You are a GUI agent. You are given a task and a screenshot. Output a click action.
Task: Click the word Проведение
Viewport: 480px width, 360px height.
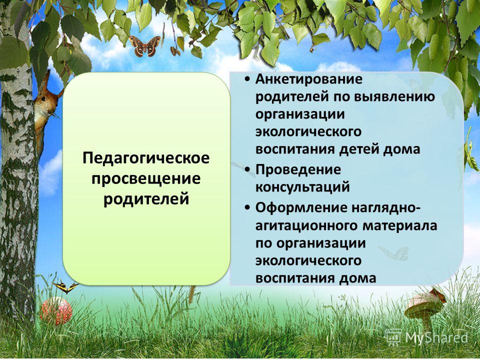click(298, 169)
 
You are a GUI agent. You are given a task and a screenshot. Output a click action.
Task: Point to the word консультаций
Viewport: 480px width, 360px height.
click(302, 187)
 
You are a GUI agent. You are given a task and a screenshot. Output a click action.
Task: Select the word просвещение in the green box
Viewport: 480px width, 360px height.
click(146, 179)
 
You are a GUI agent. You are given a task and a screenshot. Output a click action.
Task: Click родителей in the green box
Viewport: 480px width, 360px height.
click(146, 198)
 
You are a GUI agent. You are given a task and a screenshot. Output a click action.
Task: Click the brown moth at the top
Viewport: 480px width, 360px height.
click(145, 46)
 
